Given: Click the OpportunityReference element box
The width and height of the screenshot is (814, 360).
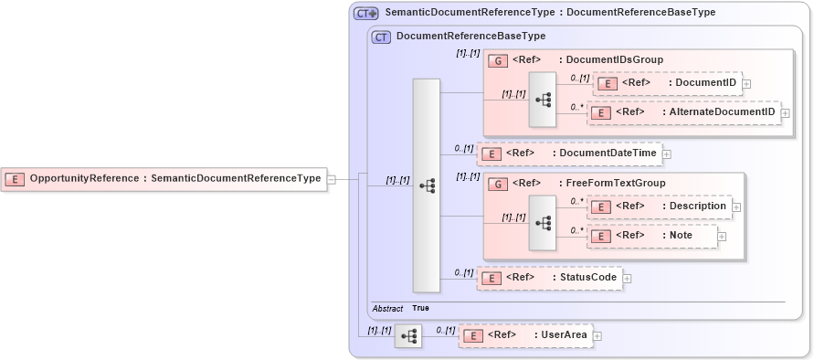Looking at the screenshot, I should point(164,179).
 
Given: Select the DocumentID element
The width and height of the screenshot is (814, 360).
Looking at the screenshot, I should point(667,83).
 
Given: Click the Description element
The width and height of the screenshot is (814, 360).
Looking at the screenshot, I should point(659,206).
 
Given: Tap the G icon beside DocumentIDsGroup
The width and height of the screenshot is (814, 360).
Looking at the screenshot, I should point(498,60).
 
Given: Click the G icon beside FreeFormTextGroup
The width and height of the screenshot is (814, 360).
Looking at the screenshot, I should point(498,184).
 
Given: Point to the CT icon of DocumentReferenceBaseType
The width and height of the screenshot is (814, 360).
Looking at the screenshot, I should point(381,37).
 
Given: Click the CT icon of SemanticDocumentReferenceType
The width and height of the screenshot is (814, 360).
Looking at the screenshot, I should point(365,14).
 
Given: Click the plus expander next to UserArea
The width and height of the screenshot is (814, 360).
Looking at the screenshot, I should point(597,336).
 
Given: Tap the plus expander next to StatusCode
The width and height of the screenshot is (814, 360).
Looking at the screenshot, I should point(628,278).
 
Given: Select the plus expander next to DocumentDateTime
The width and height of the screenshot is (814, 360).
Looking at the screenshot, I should point(666,154).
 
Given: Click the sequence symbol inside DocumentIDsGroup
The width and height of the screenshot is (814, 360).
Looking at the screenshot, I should point(542,98).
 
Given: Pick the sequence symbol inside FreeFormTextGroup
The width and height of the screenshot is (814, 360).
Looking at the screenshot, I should point(542,221).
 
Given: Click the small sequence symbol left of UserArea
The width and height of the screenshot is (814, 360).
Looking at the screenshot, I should point(408,336).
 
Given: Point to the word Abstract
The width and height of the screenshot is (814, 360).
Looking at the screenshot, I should point(387,309).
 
